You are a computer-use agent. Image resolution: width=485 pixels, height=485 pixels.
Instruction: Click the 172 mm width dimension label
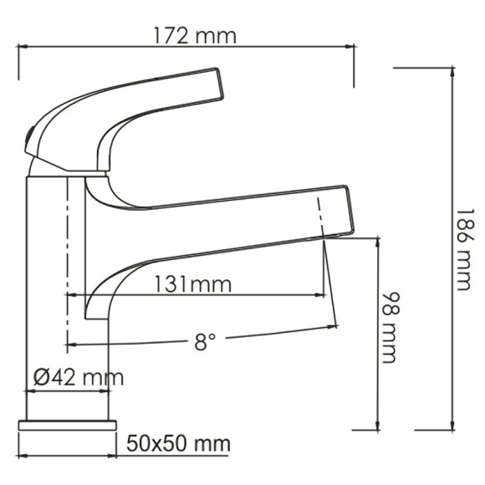click(195, 36)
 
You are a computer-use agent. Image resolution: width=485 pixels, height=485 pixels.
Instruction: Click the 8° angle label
click(205, 340)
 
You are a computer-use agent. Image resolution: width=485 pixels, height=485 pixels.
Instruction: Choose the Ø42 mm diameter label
click(78, 377)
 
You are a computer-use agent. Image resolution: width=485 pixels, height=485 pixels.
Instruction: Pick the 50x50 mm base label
click(177, 442)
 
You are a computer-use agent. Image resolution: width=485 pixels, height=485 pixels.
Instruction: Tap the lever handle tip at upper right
click(219, 84)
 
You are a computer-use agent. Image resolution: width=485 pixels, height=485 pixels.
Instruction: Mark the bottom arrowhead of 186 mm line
click(452, 429)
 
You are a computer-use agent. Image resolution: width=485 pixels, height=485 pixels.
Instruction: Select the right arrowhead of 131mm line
click(322, 295)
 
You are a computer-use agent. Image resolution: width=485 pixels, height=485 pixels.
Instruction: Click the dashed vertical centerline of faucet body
click(65, 251)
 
